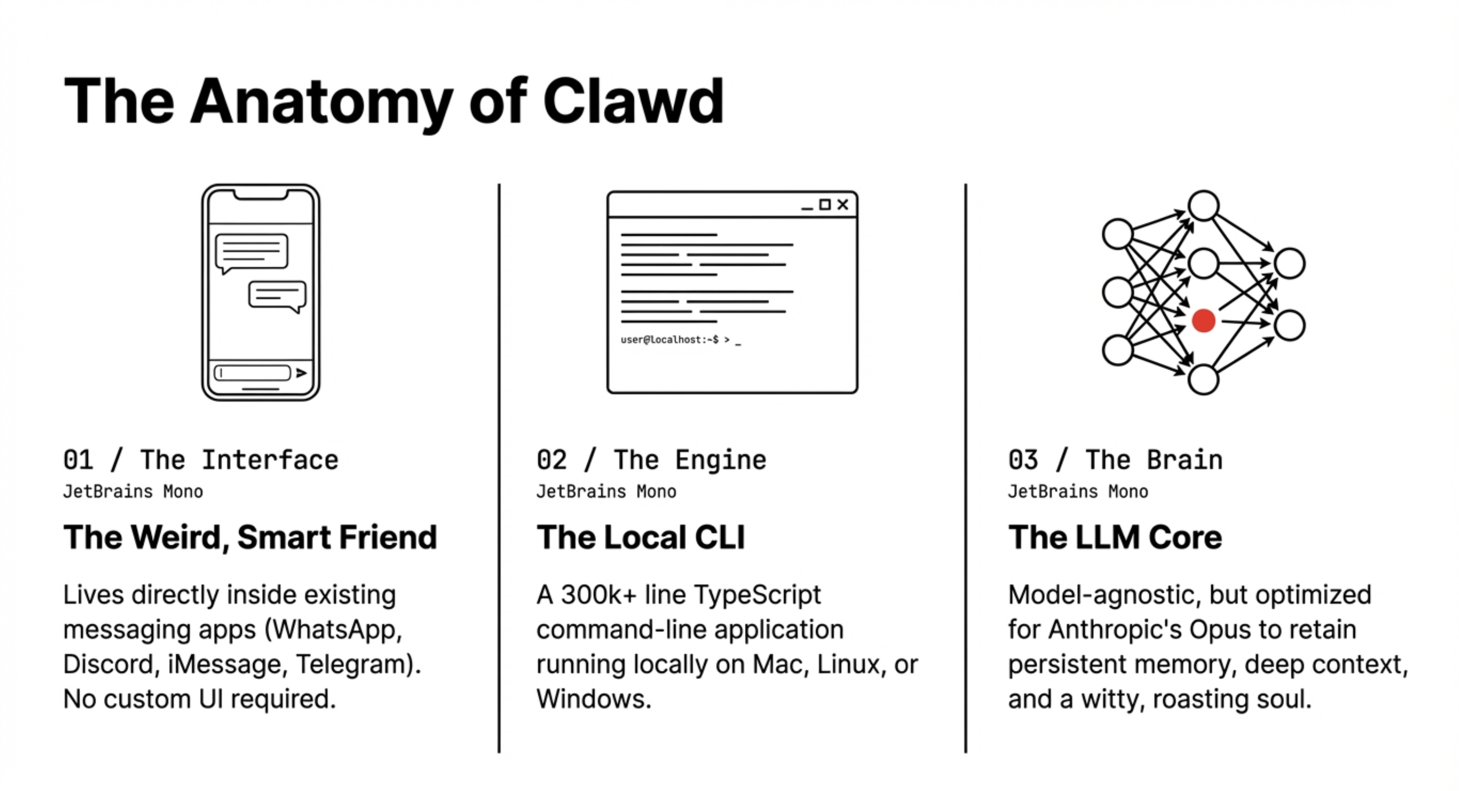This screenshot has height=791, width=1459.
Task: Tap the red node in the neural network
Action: point(1203,321)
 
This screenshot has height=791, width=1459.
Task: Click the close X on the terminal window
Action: point(843,205)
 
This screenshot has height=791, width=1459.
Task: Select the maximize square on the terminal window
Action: point(825,205)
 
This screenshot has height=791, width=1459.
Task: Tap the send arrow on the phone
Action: point(301,373)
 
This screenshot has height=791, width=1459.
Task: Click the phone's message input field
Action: point(253,373)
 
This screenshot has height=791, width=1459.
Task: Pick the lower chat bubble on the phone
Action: point(277,295)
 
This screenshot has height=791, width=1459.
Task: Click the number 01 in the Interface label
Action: point(78,460)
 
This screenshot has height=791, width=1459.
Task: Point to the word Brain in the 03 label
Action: point(1184,460)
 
